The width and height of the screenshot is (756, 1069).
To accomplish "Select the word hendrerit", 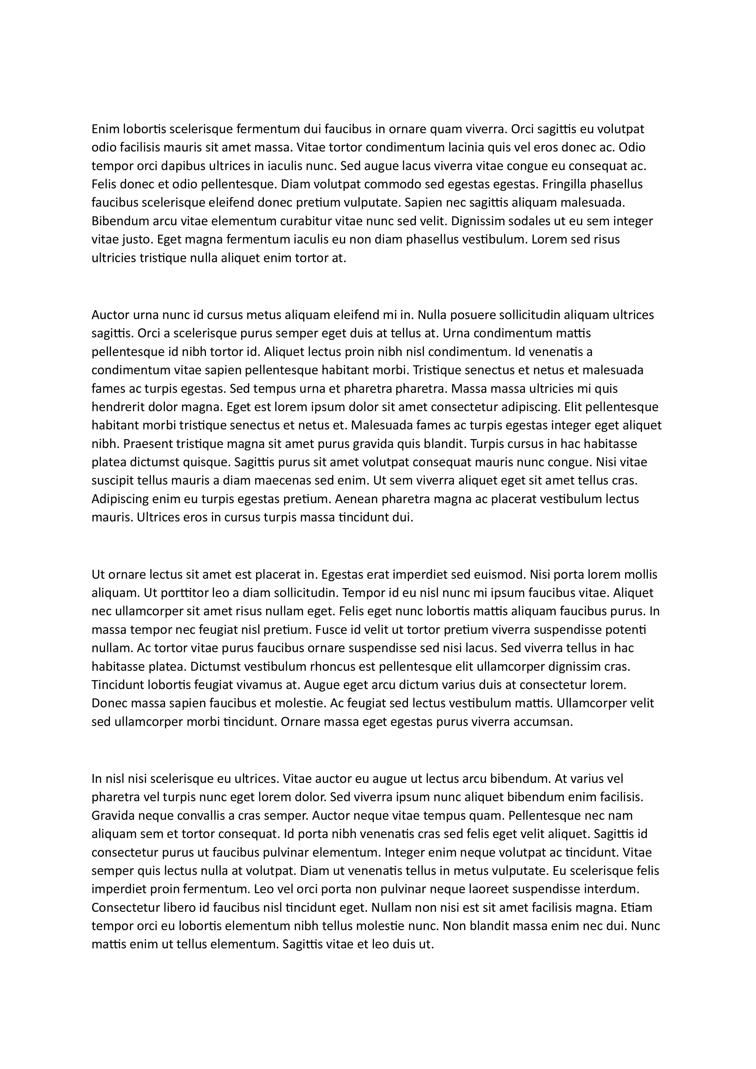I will coord(118,407).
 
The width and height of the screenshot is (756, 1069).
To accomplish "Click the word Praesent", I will coord(148,444).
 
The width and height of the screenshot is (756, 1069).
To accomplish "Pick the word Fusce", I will coord(331,630).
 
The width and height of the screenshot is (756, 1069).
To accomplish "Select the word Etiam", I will coord(640,908).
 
